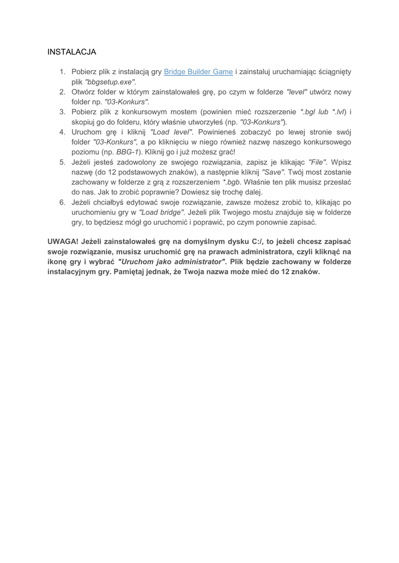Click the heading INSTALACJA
pos(72,52)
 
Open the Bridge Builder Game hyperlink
pos(199,71)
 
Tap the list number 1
pos(62,71)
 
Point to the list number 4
pos(62,132)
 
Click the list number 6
pos(62,202)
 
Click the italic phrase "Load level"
pos(171,132)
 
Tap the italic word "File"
pos(318,162)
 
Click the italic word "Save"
pos(273,172)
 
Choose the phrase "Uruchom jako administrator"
pos(172,262)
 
